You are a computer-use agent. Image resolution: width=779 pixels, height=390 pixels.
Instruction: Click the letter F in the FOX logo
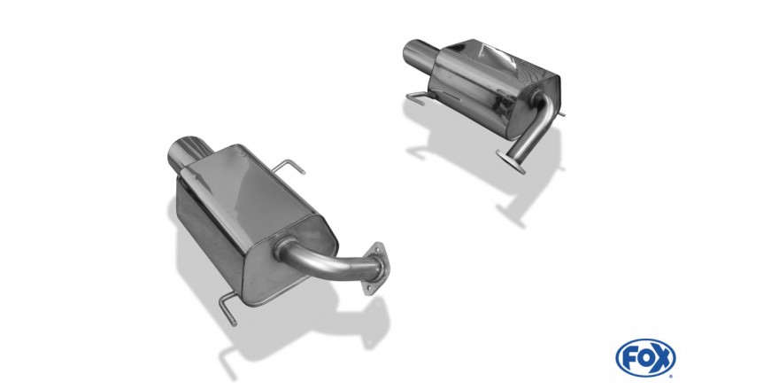(x=629, y=358)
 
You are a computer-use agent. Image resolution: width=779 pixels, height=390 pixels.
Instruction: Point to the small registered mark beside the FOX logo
(x=672, y=376)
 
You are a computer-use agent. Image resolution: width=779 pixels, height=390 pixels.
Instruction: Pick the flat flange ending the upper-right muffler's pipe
(x=510, y=161)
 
